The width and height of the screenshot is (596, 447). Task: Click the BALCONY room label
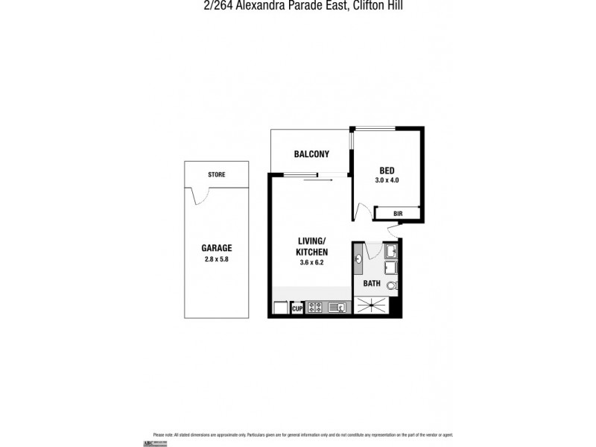311,154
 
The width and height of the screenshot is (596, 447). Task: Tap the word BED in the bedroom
387,171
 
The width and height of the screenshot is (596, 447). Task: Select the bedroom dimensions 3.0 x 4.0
387,180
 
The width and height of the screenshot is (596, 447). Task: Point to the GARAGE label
217,248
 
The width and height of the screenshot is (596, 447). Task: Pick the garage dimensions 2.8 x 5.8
217,259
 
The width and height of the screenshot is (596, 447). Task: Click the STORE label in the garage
217,174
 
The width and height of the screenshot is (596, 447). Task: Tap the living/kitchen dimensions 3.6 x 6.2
313,262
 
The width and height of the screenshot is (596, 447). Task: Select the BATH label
372,283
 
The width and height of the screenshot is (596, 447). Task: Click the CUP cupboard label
297,308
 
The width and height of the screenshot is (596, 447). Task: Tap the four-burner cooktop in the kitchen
314,307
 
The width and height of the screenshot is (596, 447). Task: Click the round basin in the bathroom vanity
360,260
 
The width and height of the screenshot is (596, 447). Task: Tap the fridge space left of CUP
281,308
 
